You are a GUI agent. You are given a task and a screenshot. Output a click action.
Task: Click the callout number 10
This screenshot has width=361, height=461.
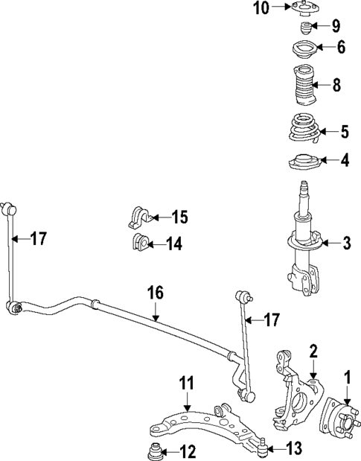tap(259, 8)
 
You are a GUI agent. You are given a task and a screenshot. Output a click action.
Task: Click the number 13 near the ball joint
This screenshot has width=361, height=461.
tap(294, 448)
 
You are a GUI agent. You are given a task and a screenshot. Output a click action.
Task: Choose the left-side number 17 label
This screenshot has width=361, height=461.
tap(38, 238)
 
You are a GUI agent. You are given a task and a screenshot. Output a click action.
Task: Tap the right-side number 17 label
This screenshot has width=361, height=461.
tap(272, 320)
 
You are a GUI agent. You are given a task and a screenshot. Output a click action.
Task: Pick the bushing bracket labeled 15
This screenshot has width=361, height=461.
tap(140, 215)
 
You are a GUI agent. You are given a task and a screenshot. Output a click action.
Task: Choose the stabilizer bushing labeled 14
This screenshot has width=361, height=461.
tap(138, 243)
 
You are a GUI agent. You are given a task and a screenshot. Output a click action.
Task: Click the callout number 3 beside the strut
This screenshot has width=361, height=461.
tap(345, 243)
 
